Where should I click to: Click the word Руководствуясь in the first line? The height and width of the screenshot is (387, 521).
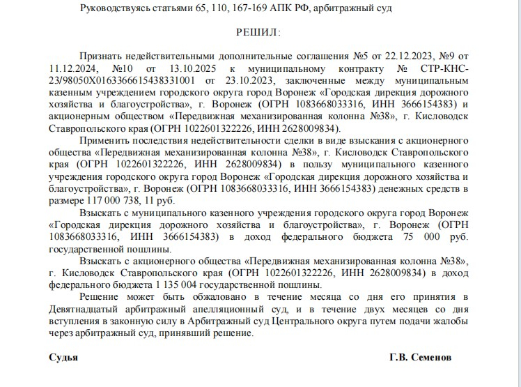115,8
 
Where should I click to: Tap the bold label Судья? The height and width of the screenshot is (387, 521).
63,356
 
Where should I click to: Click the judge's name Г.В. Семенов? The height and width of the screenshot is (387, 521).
420,356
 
